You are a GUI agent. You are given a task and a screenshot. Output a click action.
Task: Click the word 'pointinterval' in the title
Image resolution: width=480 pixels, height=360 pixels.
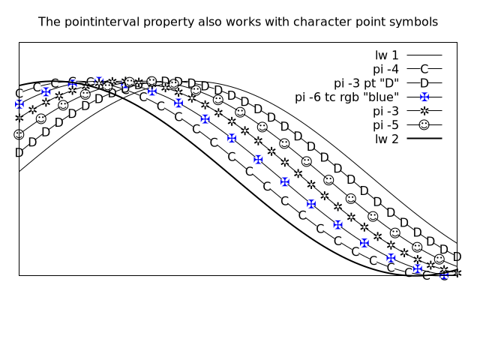click(103, 22)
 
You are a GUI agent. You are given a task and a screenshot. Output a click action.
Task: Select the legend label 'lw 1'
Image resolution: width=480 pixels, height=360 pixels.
click(387, 55)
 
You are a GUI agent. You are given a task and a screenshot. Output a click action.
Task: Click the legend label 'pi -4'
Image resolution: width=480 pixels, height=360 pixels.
click(385, 69)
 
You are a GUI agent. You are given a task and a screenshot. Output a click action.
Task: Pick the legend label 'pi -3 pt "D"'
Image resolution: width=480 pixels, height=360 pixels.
click(367, 83)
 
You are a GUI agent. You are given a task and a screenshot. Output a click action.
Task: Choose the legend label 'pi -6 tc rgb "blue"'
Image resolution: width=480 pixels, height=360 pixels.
click(346, 97)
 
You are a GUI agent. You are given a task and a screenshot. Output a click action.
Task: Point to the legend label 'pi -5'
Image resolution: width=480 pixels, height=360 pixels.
click(385, 125)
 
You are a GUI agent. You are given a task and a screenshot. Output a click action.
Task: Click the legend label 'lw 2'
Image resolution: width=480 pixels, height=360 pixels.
click(387, 139)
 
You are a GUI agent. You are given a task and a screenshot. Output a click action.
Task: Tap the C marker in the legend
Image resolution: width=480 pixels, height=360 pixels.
click(424, 69)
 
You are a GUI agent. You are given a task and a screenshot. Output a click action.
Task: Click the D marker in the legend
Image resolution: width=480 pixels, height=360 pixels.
click(424, 83)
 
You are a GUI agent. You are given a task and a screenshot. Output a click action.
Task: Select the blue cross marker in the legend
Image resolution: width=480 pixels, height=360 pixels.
click(424, 97)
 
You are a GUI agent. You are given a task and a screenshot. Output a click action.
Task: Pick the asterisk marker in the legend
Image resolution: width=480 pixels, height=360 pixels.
click(424, 111)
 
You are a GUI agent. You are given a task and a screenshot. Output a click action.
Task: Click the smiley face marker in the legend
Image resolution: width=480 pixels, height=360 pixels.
click(424, 125)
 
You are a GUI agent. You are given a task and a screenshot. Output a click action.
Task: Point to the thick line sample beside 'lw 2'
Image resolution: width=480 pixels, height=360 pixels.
click(424, 139)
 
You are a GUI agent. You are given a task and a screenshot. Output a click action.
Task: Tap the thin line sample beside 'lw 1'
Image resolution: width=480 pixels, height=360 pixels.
click(424, 55)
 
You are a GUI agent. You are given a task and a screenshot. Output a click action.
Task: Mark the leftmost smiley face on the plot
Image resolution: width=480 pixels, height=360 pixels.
click(19, 134)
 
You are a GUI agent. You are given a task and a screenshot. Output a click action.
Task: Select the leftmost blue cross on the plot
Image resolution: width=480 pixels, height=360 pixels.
click(19, 104)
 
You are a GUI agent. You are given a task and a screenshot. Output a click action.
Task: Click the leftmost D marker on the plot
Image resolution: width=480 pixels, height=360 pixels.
click(19, 152)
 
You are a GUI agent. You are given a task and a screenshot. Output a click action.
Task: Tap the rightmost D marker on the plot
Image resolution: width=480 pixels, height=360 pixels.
click(457, 256)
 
